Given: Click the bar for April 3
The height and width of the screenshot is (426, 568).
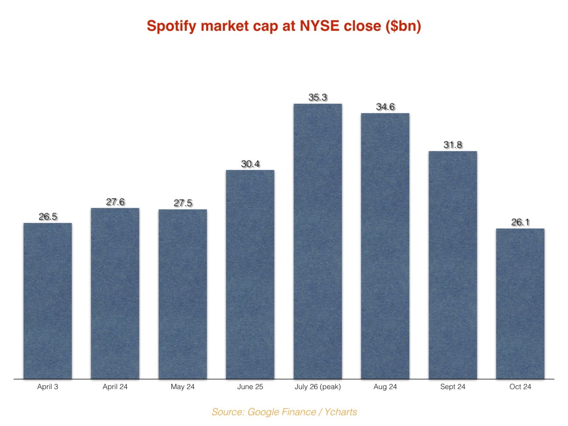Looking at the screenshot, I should (47, 301).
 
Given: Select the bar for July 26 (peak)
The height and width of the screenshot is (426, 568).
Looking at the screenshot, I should (317, 241).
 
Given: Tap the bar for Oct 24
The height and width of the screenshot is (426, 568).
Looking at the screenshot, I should (520, 303).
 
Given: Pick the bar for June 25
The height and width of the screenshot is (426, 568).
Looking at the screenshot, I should (250, 274).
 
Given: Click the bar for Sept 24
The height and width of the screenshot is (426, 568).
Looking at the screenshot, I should (452, 265).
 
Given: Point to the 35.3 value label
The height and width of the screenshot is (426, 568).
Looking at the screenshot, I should (317, 97).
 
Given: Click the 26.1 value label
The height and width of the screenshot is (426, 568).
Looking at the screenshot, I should (520, 222).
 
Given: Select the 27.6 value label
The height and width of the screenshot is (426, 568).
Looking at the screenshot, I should (115, 202).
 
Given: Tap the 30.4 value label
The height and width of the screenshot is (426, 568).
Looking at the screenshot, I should (250, 164).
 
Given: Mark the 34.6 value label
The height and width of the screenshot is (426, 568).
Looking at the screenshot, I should (385, 106).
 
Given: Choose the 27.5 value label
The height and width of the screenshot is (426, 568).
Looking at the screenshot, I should (183, 203).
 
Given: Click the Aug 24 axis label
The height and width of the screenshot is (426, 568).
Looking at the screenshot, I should (385, 387).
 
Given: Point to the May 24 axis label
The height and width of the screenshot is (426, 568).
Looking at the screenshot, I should (183, 387).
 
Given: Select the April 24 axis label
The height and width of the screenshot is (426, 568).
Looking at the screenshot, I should (115, 387).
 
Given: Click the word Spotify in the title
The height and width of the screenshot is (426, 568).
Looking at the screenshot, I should (171, 26).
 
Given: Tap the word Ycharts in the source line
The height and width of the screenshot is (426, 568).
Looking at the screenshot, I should (341, 412).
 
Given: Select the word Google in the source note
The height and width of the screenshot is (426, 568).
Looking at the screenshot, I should (262, 412).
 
